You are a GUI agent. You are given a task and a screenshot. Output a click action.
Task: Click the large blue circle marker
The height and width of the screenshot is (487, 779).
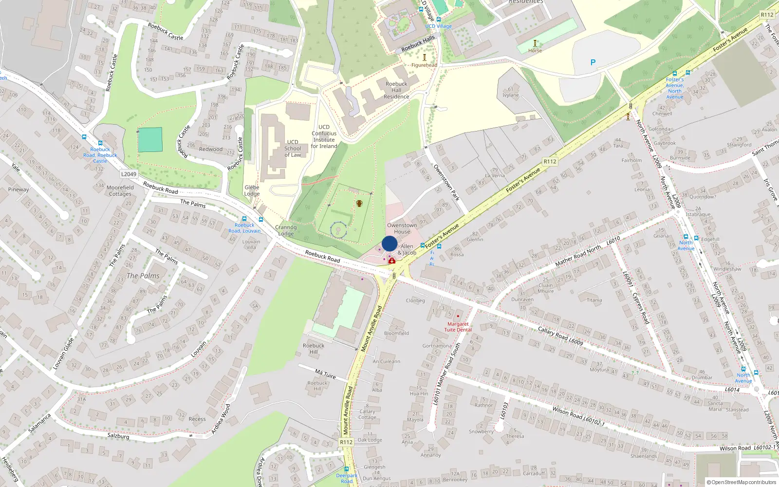tap(389, 243)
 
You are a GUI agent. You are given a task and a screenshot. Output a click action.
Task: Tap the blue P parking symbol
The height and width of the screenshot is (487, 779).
tap(593, 62)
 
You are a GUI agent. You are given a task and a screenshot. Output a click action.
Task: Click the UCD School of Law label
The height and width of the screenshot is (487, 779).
tap(293, 149)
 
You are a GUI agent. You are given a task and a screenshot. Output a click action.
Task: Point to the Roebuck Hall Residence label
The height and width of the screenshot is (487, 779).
tap(396, 90)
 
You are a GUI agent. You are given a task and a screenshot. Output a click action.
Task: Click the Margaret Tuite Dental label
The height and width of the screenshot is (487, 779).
tap(458, 327)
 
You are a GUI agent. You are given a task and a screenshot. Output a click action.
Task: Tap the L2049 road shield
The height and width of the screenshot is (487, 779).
tap(129, 174)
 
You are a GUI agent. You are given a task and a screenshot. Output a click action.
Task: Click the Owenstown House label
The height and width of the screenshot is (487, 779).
tap(402, 228)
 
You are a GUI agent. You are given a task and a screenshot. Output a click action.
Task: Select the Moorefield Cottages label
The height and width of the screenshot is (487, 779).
tap(120, 190)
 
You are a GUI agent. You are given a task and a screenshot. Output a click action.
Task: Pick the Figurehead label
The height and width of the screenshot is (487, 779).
tap(424, 65)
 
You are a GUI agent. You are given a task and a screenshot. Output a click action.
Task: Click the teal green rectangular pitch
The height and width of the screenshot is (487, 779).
tap(150, 140)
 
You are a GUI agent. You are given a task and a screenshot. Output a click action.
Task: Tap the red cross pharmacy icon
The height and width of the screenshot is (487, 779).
tap(392, 261)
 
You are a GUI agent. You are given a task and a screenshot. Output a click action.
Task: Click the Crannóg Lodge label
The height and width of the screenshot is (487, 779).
tap(286, 230)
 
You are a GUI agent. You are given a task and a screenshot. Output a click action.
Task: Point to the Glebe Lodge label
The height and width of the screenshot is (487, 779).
tap(252, 190)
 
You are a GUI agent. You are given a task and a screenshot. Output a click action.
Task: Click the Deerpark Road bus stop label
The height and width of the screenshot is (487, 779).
tap(347, 478)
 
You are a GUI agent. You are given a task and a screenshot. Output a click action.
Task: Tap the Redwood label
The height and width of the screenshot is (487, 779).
tap(210, 149)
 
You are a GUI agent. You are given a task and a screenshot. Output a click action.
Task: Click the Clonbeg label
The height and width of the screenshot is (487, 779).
tap(415, 300)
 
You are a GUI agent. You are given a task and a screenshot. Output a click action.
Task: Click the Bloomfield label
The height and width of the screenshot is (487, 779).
tap(396, 334)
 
